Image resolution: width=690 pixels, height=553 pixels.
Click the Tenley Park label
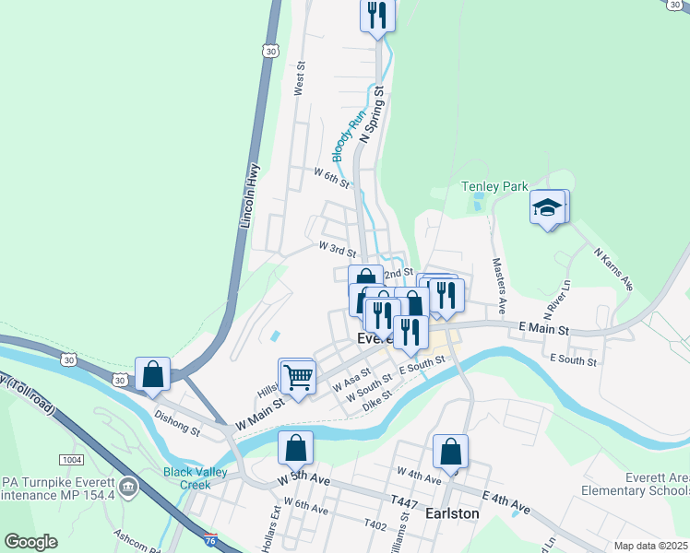pos(494,187)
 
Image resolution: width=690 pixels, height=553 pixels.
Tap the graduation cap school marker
pos(547,207)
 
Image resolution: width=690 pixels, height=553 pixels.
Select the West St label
pos(299,79)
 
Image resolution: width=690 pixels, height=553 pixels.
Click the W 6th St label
pos(331,175)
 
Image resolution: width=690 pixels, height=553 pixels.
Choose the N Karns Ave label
pos(613,267)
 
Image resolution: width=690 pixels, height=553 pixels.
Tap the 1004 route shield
pos(70,459)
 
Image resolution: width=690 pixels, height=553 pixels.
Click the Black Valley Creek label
pos(195,478)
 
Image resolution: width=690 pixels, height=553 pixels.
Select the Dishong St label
pos(177,423)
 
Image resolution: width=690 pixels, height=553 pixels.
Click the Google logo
pos(30,542)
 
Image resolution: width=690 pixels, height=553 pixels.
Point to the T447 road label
pos(404,501)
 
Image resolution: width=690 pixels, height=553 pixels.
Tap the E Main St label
pos(544,328)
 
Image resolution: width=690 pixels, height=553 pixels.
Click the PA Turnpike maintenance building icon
pos(128,486)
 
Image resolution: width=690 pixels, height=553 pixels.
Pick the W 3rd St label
pos(337,248)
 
